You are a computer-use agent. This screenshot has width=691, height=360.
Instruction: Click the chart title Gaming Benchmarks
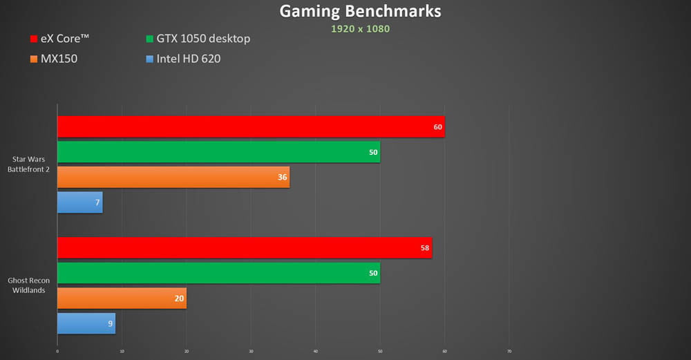tap(359, 12)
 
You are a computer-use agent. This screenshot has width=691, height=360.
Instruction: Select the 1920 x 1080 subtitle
tap(359, 29)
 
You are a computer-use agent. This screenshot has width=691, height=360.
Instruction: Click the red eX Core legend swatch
tap(34, 39)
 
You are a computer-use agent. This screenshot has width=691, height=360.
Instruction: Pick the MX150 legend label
tap(59, 59)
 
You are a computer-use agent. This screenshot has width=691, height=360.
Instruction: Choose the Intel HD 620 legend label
tap(189, 59)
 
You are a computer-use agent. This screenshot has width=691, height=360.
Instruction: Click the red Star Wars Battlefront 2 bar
tap(250, 126)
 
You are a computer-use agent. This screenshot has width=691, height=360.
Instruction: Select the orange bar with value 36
tap(173, 177)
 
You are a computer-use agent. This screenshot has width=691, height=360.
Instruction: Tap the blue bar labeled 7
tap(79, 202)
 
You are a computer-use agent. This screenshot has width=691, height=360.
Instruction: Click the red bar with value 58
tap(244, 248)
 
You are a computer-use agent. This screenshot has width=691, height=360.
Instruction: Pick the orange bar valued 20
tap(122, 299)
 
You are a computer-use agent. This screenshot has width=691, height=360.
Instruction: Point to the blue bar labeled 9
tap(86, 323)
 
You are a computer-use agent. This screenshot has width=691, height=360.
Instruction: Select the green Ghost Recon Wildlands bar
tap(218, 273)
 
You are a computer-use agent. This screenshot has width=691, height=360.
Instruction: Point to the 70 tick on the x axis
tap(509, 351)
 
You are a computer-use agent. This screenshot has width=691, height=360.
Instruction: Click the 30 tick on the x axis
tap(251, 351)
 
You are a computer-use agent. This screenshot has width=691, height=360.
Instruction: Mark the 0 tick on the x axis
tap(57, 351)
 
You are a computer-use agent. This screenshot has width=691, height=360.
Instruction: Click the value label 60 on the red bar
tap(437, 126)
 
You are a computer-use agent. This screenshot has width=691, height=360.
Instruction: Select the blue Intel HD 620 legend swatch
tap(150, 59)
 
